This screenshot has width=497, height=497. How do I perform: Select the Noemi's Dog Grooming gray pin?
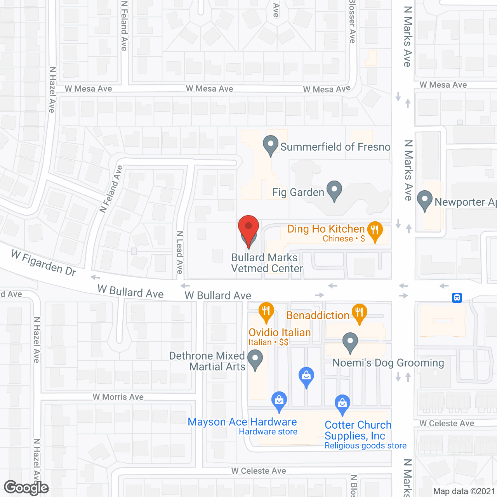(x=350, y=342)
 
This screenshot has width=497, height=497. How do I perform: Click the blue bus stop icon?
(x=457, y=298)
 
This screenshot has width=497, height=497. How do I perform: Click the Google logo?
(x=26, y=488)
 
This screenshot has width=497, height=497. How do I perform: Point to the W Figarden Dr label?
(x=43, y=263)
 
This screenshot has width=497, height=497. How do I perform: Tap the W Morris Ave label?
(x=118, y=397)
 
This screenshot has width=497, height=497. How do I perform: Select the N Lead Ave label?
(x=179, y=252)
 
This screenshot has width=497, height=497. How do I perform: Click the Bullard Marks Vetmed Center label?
(x=266, y=263)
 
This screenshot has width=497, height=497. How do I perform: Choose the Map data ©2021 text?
(x=464, y=491)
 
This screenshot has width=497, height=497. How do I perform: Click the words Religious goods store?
(x=365, y=445)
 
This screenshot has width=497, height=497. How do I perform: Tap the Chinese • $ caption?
(x=344, y=238)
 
